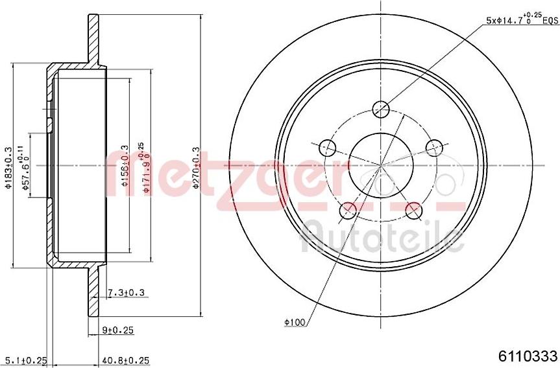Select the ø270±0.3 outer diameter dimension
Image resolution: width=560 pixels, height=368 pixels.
(197, 167)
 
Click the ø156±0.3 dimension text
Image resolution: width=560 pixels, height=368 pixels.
(125, 166)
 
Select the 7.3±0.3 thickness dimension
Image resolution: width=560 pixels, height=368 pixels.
(126, 293)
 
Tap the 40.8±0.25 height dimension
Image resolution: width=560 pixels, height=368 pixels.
(125, 360)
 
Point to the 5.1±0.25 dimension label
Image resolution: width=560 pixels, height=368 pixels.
(26, 360)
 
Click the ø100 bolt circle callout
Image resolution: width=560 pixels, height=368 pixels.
(295, 321)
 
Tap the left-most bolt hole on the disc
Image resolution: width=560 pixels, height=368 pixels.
(328, 148)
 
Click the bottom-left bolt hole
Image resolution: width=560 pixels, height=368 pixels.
(349, 209)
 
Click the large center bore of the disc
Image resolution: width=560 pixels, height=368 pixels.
(381, 165)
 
